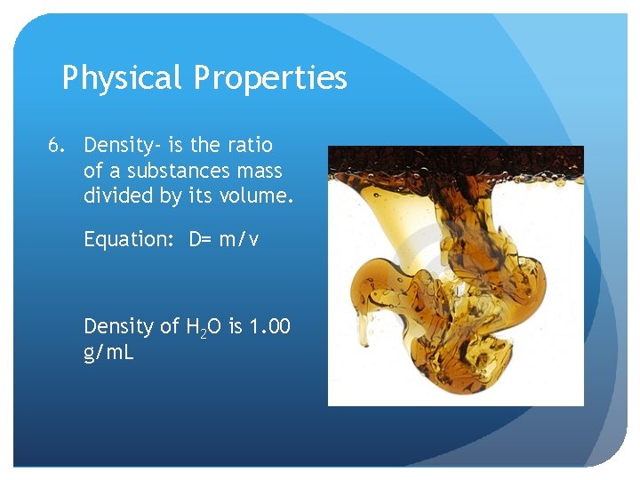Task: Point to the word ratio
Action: (251, 145)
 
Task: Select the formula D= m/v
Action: (223, 240)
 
